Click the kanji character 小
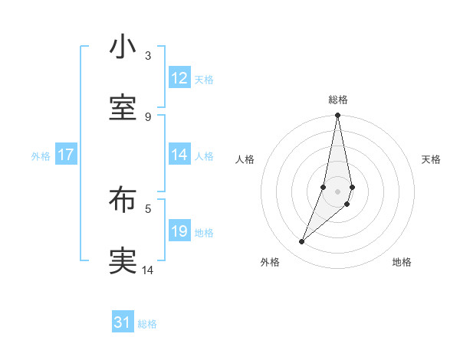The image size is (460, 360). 123,47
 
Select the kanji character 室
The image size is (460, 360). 123,108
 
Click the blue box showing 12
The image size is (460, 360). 179,77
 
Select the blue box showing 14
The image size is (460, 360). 179,154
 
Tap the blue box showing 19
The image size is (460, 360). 179,231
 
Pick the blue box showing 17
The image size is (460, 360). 66,155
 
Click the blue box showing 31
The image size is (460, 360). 123,322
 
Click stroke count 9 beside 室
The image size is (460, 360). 148,116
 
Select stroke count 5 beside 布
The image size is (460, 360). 148,208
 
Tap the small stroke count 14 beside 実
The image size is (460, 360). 148,270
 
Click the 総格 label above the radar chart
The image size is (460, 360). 338,100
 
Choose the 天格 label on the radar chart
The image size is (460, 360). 431,159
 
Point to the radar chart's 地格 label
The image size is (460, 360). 402,262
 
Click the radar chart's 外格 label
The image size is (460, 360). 270,262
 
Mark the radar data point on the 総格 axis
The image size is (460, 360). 338,116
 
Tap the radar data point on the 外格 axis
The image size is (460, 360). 302,242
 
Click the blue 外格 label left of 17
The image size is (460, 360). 41,155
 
